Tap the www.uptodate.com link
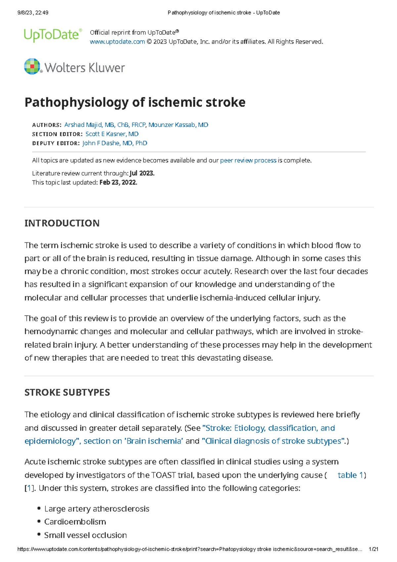(x=117, y=42)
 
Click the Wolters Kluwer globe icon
(x=32, y=67)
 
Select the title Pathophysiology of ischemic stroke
(x=135, y=102)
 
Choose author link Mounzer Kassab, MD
(x=178, y=125)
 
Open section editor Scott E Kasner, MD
(x=112, y=134)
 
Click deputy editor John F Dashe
(x=114, y=143)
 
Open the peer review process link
(x=248, y=161)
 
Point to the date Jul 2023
(x=142, y=173)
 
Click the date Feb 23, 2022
(x=118, y=182)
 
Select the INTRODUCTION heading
(x=62, y=223)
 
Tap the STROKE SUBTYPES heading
(x=67, y=392)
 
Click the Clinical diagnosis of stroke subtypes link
(x=274, y=441)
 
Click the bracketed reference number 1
(x=30, y=489)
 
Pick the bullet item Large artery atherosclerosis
(x=97, y=509)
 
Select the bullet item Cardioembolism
(x=75, y=522)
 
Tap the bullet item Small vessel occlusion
(x=85, y=535)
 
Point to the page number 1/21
(x=373, y=549)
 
